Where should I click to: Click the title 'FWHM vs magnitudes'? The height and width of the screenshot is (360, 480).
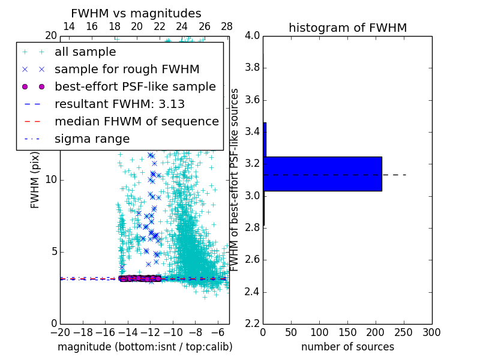[x=136, y=13]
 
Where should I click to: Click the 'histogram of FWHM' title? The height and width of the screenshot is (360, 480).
[x=347, y=28]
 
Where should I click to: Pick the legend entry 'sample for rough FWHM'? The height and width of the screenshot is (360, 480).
[x=127, y=70]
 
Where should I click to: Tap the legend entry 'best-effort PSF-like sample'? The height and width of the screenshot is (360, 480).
[x=135, y=86]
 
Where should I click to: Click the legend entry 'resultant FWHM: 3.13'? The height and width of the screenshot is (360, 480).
[x=119, y=104]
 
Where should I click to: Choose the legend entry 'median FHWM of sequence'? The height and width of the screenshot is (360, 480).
[x=136, y=121]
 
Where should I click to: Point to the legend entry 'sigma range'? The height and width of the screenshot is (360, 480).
[x=92, y=139]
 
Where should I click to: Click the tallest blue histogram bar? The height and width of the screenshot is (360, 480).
[x=322, y=173]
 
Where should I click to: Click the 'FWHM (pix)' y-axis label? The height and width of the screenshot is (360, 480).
[x=35, y=179]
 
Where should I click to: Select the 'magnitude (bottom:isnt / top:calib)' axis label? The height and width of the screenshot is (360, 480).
[x=145, y=347]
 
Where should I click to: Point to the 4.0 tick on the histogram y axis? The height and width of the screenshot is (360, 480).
[x=253, y=36]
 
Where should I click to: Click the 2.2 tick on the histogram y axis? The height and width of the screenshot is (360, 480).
[x=253, y=324]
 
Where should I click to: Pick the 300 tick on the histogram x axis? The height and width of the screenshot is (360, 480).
[x=431, y=332]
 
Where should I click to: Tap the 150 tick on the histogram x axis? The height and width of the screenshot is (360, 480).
[x=347, y=332]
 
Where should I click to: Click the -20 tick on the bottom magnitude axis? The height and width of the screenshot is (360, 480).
[x=60, y=332]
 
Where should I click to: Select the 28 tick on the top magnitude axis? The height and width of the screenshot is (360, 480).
[x=227, y=27]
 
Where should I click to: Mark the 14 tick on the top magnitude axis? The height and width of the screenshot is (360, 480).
[x=69, y=27]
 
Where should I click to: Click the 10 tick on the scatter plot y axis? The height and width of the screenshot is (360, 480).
[x=51, y=180]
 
